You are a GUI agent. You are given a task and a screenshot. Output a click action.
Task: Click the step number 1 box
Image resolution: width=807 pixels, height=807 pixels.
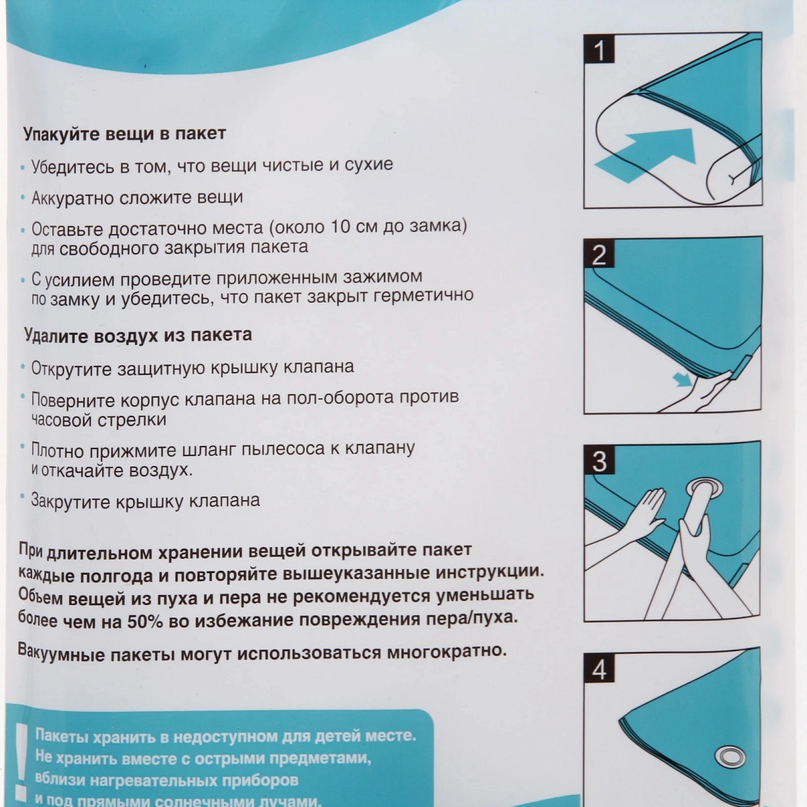point(599,50)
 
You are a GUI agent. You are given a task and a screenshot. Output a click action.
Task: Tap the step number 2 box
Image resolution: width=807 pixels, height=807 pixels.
point(599,254)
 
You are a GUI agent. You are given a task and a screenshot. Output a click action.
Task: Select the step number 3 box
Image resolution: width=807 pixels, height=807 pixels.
point(599,461)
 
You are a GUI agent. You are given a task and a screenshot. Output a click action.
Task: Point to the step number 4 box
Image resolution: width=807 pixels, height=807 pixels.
point(599,669)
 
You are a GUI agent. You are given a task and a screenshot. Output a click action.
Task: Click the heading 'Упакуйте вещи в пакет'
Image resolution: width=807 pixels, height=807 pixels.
point(124,134)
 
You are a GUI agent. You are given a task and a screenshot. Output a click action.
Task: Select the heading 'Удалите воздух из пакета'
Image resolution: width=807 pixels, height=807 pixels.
point(138,335)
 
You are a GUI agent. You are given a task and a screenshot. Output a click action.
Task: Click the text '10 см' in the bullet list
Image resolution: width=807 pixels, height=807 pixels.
point(354,227)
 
